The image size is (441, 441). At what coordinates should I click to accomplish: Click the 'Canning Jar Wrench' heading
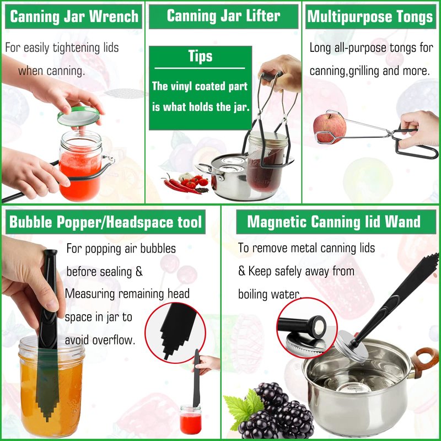[74, 17]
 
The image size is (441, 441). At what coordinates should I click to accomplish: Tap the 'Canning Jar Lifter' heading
[223, 16]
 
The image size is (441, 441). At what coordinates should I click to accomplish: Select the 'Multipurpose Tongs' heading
[370, 17]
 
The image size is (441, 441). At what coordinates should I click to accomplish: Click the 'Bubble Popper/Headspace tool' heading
[105, 222]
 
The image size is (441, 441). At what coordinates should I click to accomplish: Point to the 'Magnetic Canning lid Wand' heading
[334, 222]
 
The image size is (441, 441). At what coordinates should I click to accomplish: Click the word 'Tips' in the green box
[200, 56]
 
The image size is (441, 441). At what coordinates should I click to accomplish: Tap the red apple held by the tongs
[330, 127]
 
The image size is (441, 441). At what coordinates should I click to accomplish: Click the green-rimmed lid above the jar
[78, 116]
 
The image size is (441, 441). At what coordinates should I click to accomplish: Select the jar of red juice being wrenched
[80, 166]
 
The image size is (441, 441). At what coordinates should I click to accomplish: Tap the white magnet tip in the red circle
[319, 326]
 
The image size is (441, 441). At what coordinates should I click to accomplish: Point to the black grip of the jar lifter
[270, 77]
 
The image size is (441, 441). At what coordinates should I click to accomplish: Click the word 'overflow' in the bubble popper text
[114, 340]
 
